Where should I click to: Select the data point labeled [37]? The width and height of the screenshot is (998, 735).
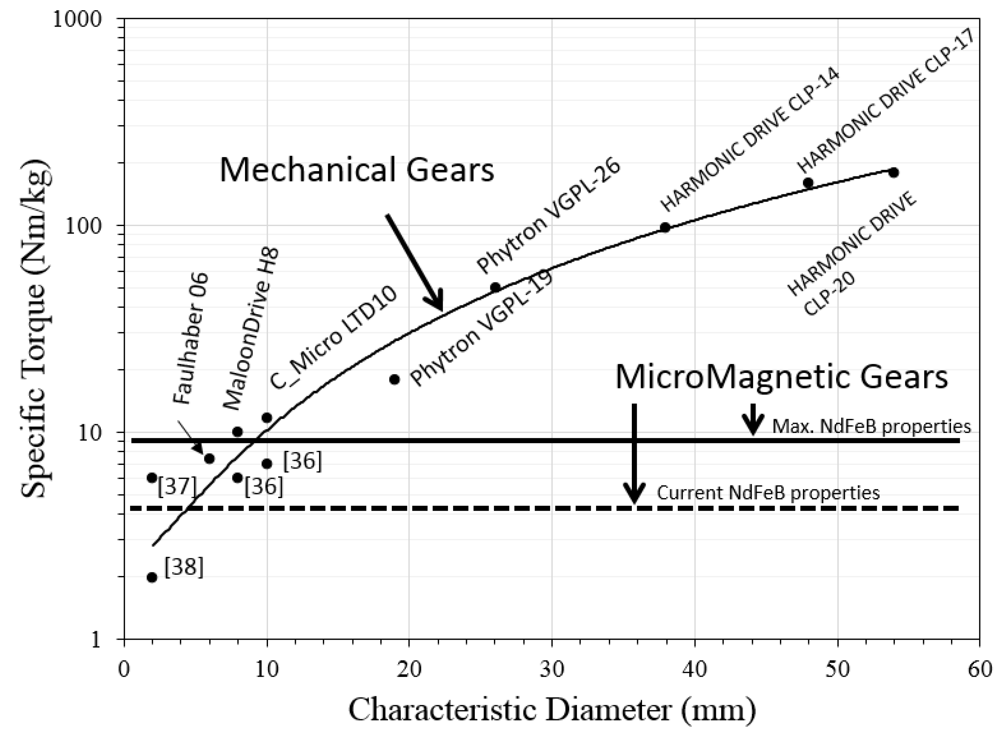pyautogui.click(x=152, y=478)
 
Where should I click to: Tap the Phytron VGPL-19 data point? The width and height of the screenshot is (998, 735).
pyautogui.click(x=394, y=379)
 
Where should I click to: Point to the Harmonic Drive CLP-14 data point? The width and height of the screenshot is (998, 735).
pyautogui.click(x=665, y=227)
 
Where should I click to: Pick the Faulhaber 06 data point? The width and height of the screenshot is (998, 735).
pyautogui.click(x=210, y=458)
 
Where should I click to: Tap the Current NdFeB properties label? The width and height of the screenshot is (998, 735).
pyautogui.click(x=768, y=493)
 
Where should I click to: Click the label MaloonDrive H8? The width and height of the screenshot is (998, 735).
pyautogui.click(x=251, y=329)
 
